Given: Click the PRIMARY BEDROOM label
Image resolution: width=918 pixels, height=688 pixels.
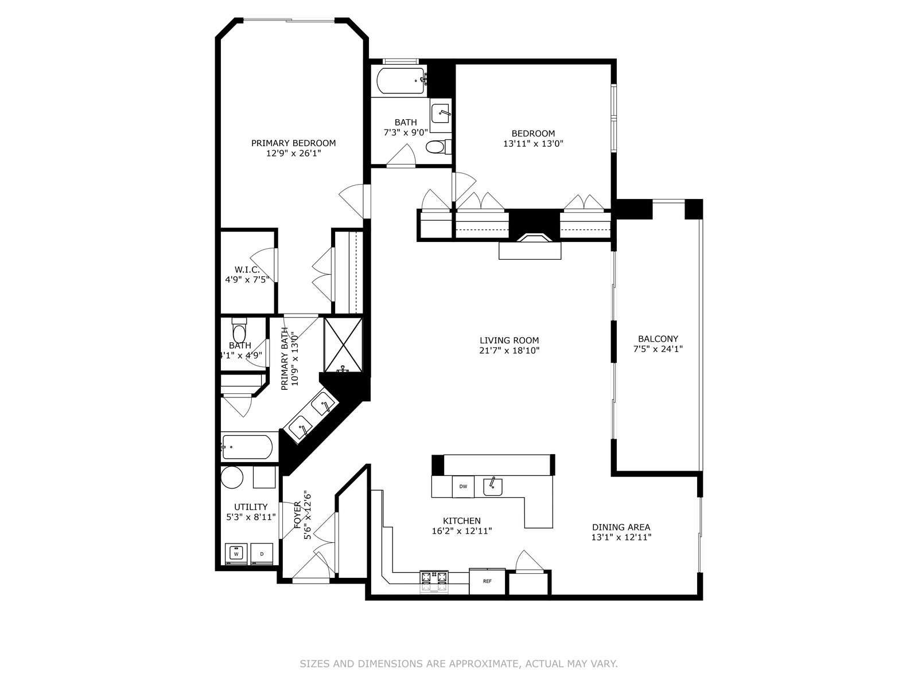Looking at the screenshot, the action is tap(293, 143).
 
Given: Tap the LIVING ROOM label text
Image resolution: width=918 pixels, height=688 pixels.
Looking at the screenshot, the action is tap(509, 341).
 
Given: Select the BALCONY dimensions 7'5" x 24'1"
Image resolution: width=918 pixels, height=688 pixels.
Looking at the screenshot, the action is tap(658, 349).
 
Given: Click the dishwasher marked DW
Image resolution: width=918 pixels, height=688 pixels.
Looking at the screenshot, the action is tap(463, 486).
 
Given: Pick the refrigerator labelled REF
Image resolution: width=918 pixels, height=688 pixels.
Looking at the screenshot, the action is tap(487, 581).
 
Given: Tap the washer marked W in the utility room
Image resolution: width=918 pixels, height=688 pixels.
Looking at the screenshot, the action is tap(236, 554).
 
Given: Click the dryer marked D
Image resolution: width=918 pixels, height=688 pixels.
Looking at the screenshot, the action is tap(262, 554).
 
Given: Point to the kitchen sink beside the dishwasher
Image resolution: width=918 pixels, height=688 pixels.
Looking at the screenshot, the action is tap(493, 486).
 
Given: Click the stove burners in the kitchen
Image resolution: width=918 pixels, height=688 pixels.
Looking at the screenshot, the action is tap(434, 578).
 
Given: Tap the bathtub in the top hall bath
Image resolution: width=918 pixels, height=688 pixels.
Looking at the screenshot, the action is tap(401, 81).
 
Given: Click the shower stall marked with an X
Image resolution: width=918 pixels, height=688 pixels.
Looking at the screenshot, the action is tap(343, 345).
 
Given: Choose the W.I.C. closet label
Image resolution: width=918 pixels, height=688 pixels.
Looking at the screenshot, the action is tap(247, 270).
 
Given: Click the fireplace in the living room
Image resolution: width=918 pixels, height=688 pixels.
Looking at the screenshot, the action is tap(534, 238).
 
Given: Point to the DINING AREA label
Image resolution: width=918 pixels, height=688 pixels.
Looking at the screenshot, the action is tap(621, 527).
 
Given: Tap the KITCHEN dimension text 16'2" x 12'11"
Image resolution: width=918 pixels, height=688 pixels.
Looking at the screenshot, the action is tap(462, 531).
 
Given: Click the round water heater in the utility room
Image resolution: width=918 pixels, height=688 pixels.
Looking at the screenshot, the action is tap(232, 477).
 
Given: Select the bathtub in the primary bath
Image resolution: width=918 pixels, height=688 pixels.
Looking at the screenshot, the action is tap(247, 447).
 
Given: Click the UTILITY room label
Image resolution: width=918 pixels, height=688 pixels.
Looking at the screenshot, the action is tap(251, 507).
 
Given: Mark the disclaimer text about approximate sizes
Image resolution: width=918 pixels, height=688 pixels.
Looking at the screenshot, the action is tap(459, 663).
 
